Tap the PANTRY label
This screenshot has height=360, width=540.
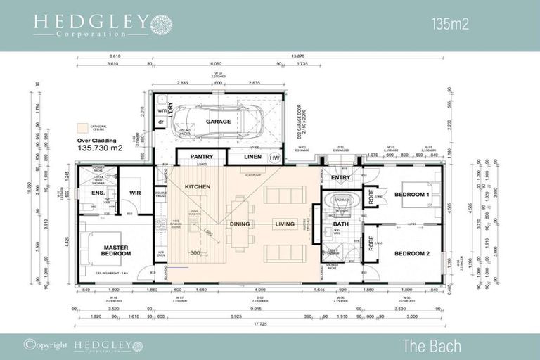(201, 157)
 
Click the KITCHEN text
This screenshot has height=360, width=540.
(198, 186)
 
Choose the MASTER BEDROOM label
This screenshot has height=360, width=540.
(115, 250)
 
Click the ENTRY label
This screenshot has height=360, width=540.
(341, 178)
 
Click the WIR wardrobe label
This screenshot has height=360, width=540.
(136, 193)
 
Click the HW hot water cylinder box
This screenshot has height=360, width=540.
(274, 157)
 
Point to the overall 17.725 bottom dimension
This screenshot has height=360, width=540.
(261, 323)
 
